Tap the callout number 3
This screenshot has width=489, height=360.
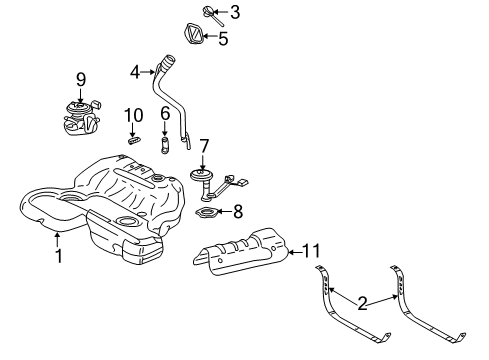click(x=234, y=13)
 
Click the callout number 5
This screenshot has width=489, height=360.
click(x=223, y=40)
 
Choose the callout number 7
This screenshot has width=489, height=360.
click(x=204, y=147)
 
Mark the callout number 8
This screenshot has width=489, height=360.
click(x=237, y=211)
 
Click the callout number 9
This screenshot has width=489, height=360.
click(x=80, y=77)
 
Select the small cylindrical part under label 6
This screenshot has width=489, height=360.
click(x=165, y=147)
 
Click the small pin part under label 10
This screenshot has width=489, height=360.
click(x=131, y=141)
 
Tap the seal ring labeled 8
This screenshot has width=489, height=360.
click(x=205, y=214)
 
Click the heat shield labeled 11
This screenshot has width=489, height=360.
click(x=240, y=251)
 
